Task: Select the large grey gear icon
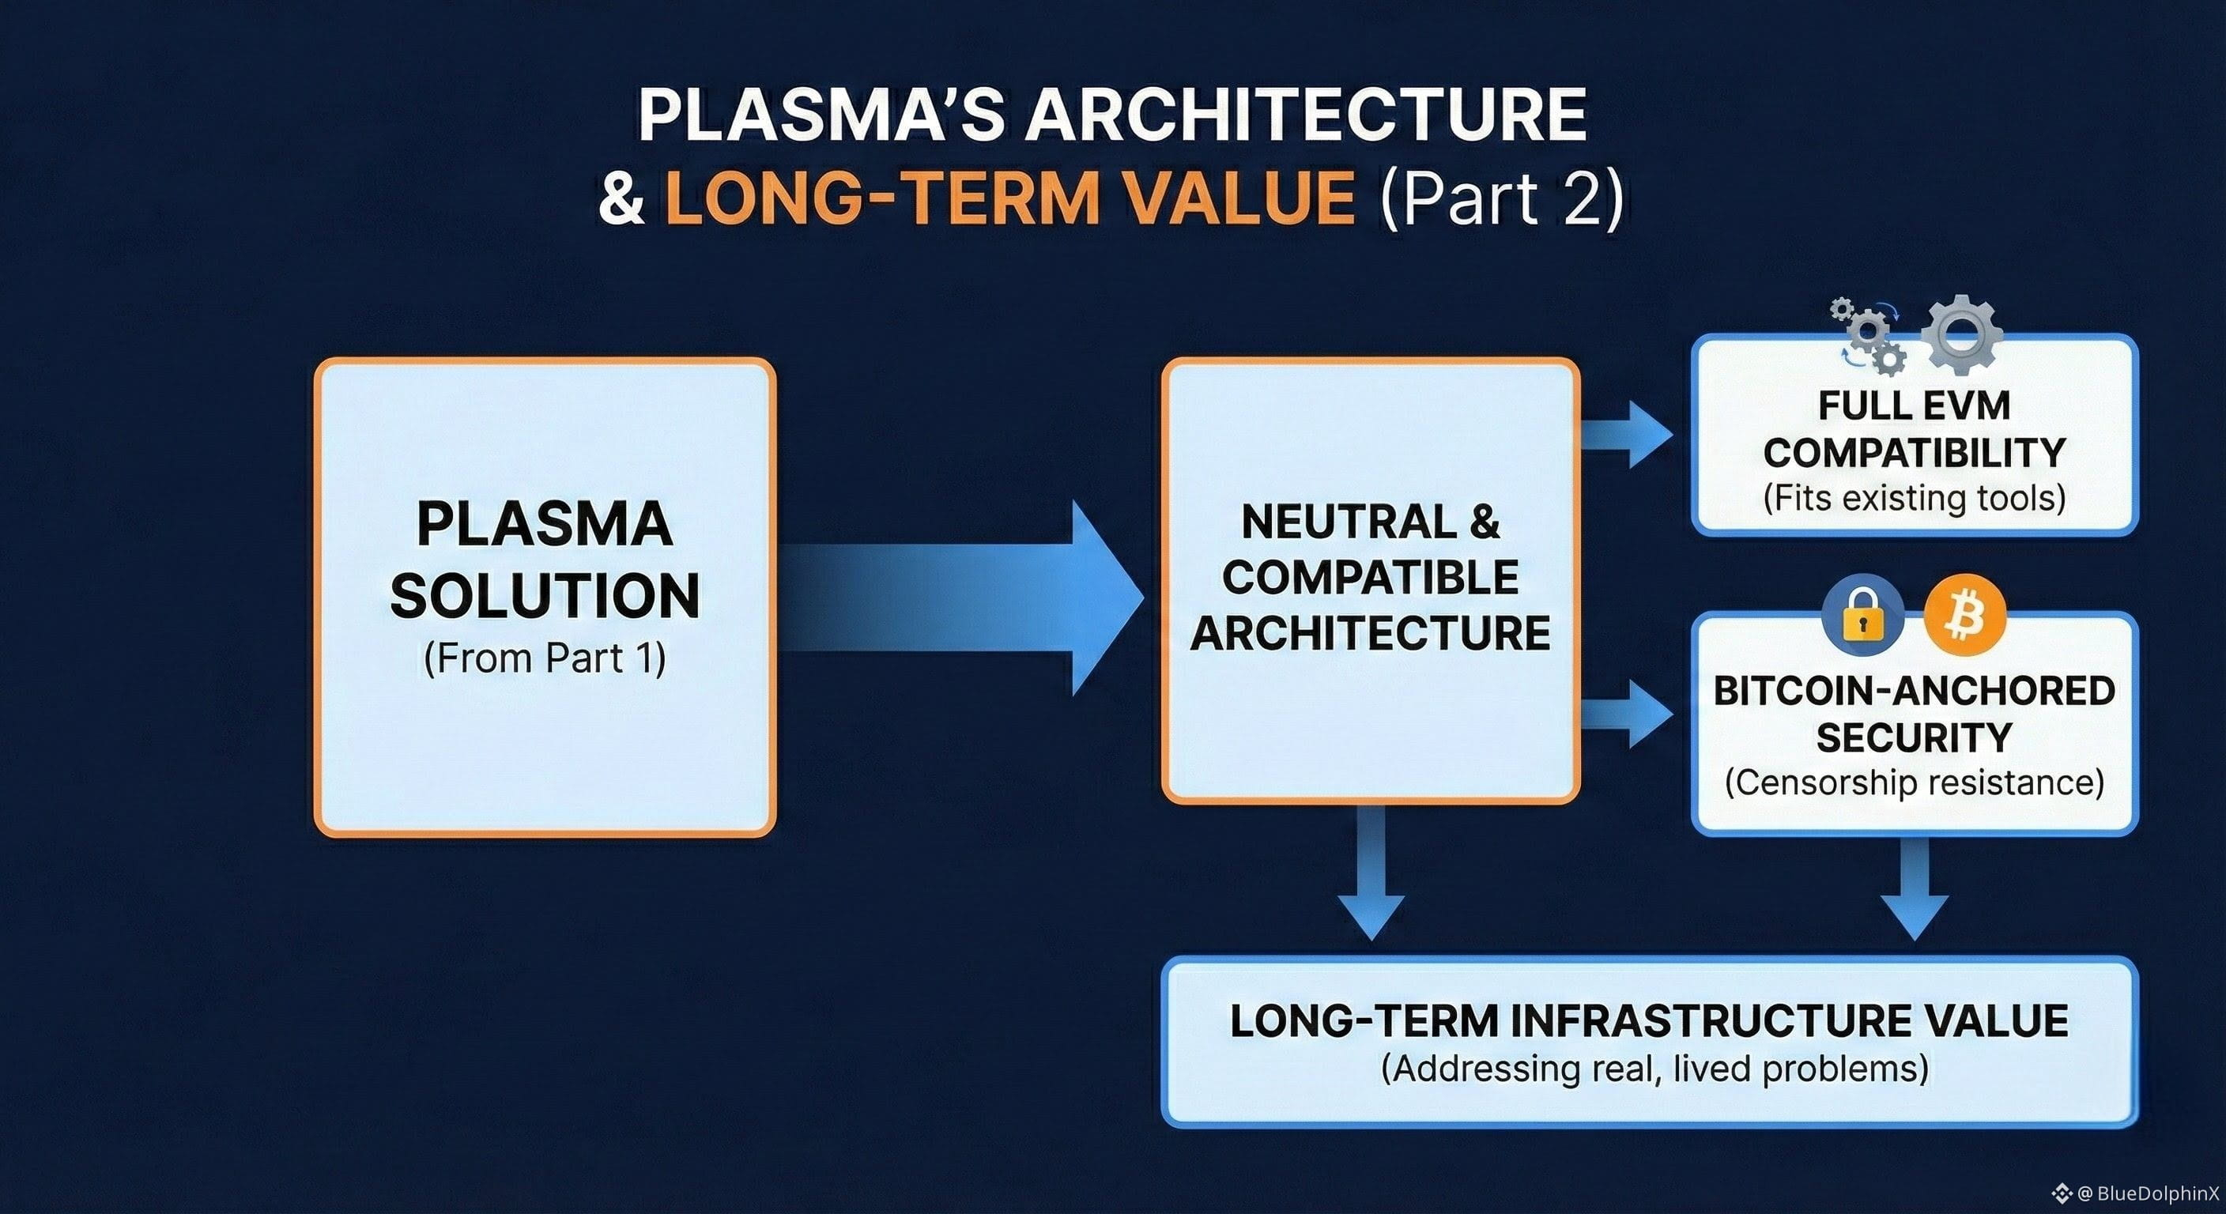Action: [1960, 334]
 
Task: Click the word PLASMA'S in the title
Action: [821, 115]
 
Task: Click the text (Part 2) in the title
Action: [1502, 198]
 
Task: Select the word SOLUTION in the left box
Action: [545, 596]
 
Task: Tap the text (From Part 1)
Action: [545, 658]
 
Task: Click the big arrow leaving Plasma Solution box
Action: [968, 597]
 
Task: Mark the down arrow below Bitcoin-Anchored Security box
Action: [1914, 890]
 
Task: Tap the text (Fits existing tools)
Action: [1914, 499]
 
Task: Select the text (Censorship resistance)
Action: [1914, 782]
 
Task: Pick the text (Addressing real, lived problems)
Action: [1654, 1069]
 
